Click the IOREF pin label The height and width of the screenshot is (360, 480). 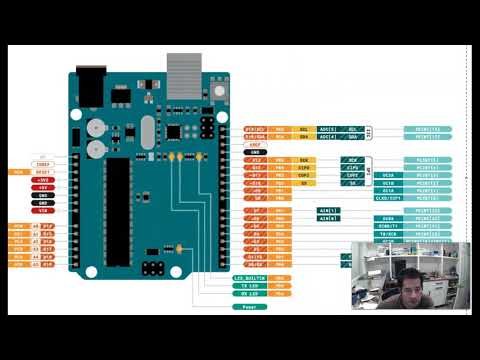[43, 164]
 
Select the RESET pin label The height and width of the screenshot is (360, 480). [43, 171]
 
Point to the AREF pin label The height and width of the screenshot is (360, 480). [256, 145]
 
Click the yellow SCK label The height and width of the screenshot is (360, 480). [303, 160]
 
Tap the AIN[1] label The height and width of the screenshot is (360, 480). [328, 210]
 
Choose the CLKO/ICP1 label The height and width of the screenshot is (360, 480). [388, 198]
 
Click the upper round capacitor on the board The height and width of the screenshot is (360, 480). [95, 129]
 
